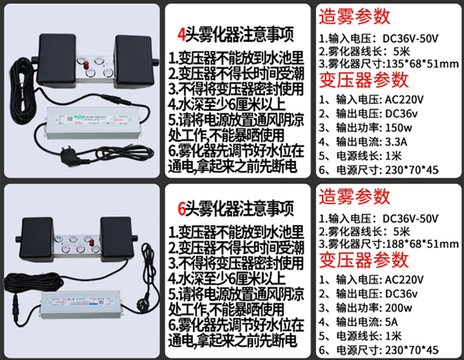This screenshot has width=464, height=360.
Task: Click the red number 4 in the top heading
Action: [181, 35]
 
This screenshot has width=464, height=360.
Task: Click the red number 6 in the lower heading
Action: [181, 209]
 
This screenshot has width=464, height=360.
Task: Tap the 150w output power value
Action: [398, 128]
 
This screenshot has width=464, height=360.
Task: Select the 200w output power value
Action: [398, 308]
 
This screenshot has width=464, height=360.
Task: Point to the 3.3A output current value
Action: [396, 142]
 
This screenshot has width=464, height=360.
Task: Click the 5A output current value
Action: [392, 322]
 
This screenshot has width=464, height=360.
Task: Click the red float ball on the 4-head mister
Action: [87, 65]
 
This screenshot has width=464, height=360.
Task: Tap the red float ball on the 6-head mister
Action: [92, 242]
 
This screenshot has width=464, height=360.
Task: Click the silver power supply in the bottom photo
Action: [81, 305]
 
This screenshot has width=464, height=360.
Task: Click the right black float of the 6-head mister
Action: [116, 239]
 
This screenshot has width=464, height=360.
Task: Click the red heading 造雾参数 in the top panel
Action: [354, 17]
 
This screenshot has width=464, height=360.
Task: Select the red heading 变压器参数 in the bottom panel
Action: [364, 260]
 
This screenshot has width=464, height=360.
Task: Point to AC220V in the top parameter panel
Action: [404, 100]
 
